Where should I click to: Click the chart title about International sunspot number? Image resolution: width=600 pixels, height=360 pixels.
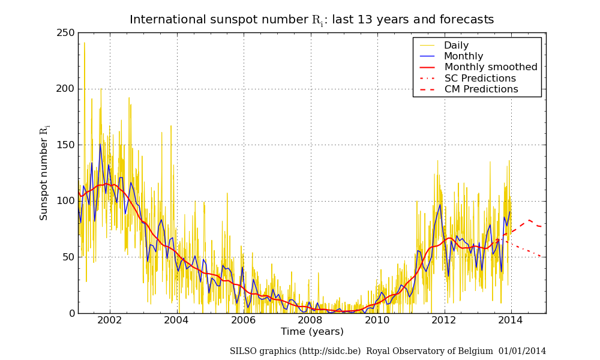(311, 20)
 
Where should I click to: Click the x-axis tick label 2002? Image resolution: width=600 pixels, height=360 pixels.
(110, 320)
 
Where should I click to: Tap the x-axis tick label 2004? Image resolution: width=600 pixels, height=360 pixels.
(177, 320)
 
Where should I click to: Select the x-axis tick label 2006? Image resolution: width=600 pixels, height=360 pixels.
(244, 320)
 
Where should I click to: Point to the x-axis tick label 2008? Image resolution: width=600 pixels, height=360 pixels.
(311, 320)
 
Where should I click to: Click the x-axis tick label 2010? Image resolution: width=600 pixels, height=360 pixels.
(377, 320)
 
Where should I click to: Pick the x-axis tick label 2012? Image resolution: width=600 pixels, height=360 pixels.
(445, 320)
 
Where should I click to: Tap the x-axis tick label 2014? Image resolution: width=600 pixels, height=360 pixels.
(511, 320)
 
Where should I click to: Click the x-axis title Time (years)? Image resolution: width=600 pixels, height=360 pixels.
(312, 332)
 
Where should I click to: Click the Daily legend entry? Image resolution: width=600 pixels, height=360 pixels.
(456, 46)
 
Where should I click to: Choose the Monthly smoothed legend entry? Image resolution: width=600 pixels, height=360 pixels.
(491, 67)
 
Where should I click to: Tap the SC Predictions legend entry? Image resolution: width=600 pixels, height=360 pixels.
(480, 79)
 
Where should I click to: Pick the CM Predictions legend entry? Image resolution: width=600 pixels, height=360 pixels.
(481, 89)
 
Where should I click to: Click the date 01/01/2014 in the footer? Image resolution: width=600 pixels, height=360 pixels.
(522, 351)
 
